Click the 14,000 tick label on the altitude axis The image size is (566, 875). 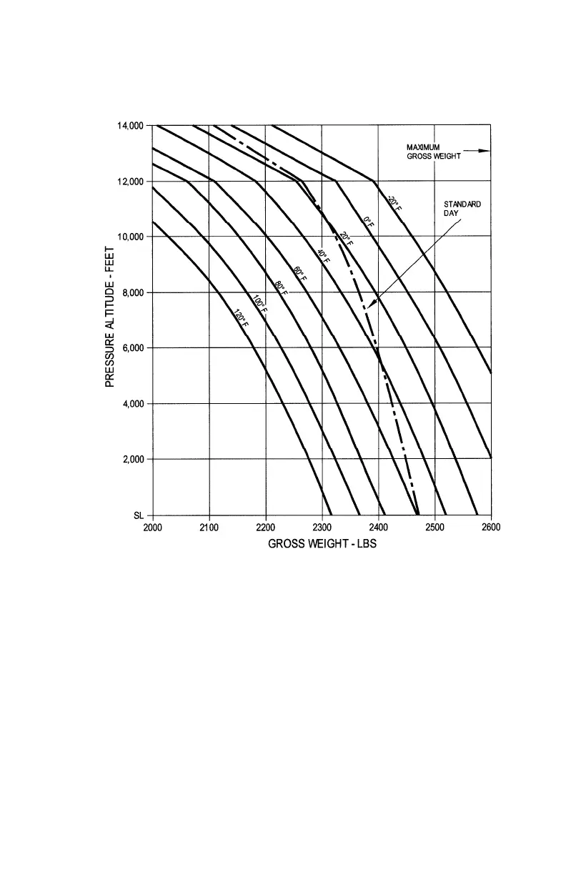[x=130, y=126]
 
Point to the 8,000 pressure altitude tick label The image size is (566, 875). [x=132, y=292]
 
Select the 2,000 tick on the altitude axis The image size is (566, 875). [x=132, y=459]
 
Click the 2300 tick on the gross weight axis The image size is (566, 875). [x=322, y=528]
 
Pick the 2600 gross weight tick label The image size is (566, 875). [x=490, y=528]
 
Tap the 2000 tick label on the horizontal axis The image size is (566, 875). [x=153, y=528]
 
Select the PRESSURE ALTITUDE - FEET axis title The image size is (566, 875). [x=110, y=320]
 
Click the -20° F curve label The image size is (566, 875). [x=394, y=202]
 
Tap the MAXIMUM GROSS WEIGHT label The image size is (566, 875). [x=428, y=152]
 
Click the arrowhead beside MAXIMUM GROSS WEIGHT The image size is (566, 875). [x=486, y=151]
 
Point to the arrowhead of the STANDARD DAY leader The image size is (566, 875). [x=369, y=307]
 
